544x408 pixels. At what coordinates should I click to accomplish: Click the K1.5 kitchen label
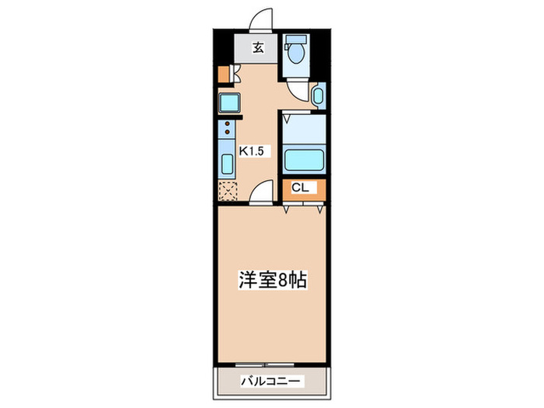253,151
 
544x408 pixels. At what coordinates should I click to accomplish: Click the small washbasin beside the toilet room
318,96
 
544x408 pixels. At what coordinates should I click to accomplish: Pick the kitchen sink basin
228,165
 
